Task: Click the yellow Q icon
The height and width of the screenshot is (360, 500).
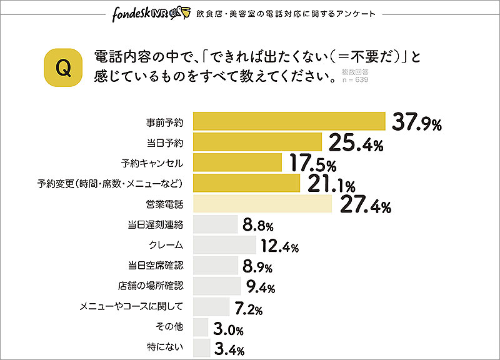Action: click(63, 68)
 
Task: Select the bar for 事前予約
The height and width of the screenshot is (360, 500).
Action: click(289, 121)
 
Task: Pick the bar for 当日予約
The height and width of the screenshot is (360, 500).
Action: click(257, 142)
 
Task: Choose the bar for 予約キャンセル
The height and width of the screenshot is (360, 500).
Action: click(237, 162)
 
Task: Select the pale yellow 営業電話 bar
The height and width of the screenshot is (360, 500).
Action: click(262, 204)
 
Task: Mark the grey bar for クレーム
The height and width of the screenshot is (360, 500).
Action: click(224, 244)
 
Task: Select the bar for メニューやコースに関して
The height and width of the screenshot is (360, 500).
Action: click(211, 306)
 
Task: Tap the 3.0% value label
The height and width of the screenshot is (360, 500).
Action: click(229, 329)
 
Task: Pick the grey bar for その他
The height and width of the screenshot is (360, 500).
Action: click(201, 327)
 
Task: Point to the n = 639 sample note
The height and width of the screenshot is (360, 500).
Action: click(355, 81)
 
